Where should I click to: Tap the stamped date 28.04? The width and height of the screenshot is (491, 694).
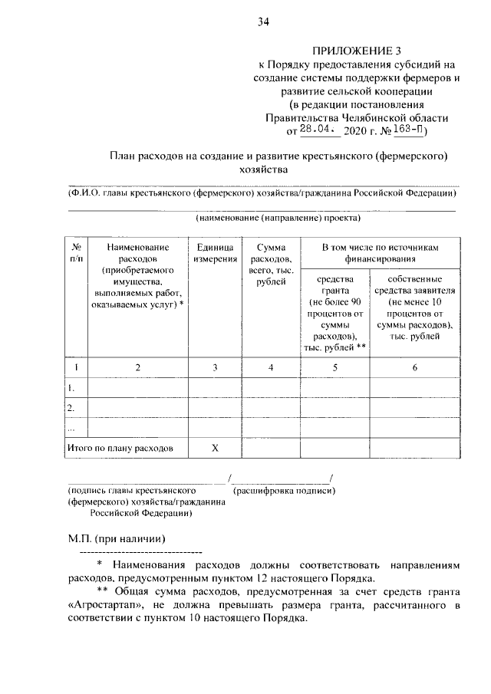point(315,131)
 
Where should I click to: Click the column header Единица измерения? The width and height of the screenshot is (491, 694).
point(215,254)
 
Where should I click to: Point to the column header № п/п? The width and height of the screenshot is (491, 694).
point(77,254)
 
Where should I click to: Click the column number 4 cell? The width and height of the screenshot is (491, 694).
point(270,368)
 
